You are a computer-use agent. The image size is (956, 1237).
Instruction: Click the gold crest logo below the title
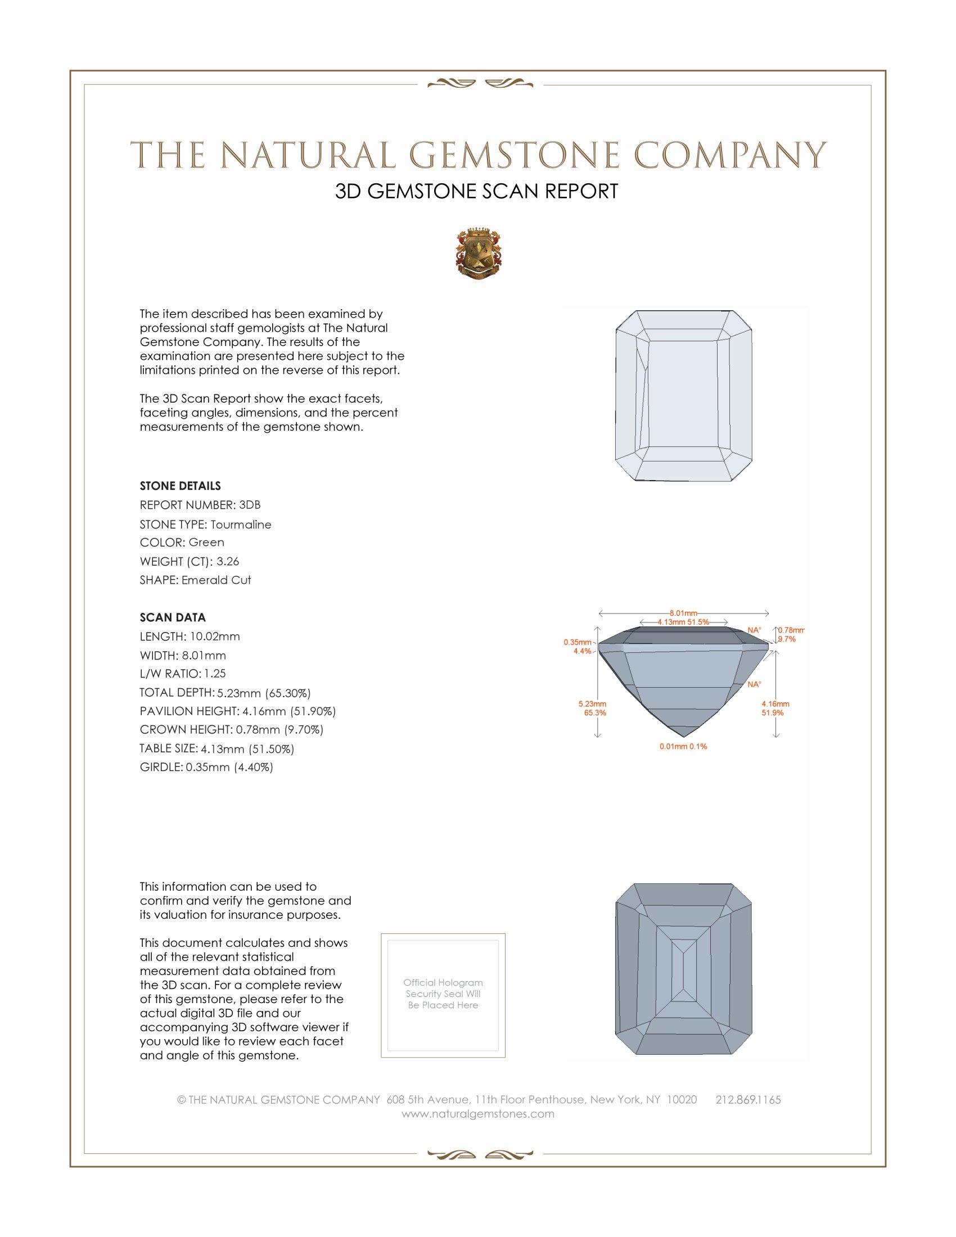coord(479,254)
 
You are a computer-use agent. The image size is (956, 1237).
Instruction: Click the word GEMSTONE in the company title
coord(513,156)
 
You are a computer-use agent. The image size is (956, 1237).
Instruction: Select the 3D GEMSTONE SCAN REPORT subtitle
coord(476,191)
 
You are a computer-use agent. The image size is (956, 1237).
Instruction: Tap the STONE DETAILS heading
coord(180,486)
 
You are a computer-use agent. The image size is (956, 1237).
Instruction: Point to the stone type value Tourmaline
coord(241,525)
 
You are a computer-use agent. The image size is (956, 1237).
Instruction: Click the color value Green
coord(206,543)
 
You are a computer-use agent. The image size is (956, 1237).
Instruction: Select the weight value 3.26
coord(228,561)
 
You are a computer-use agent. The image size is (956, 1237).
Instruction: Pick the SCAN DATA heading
coord(173,617)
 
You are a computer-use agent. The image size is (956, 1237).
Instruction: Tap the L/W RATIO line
coord(182,674)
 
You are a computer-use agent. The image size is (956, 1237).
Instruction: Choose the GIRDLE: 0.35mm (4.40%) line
coord(206,768)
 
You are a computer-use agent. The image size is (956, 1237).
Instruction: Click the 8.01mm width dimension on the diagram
coord(683,613)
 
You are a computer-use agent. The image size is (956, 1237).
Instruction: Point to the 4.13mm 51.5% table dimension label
coord(683,622)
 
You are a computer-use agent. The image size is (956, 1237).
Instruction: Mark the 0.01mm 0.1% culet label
coord(683,747)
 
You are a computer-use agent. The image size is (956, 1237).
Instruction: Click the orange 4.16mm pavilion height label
coord(775,704)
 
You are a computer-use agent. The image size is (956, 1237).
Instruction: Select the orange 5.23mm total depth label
coord(592,704)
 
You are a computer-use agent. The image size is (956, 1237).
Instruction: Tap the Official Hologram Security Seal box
coord(443,995)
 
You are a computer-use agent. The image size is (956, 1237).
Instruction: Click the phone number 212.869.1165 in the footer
coord(747,1100)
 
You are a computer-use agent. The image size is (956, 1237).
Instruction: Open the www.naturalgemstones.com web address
coord(478,1114)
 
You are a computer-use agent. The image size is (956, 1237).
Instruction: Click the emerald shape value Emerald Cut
coord(217,580)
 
